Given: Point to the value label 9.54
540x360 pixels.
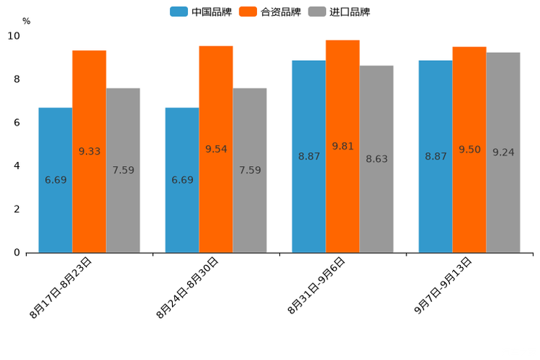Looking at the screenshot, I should [216, 149].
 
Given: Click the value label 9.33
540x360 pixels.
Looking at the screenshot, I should [89, 151].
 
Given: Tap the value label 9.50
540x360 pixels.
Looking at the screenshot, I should [470, 150].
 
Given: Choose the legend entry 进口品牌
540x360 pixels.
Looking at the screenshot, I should [340, 12].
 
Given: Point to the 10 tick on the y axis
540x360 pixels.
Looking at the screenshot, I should [14, 36].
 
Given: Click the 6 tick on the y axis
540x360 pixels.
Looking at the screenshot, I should [17, 123].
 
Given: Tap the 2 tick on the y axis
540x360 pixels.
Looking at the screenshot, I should [17, 209].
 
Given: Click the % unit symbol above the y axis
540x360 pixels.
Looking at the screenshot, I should [26, 21].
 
